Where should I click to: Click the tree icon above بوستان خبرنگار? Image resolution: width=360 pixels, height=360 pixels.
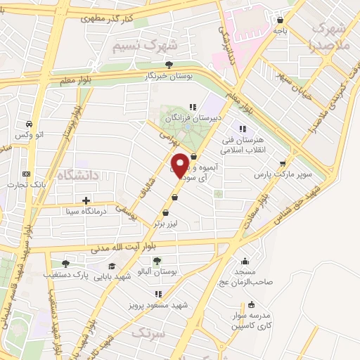click(x=168, y=65)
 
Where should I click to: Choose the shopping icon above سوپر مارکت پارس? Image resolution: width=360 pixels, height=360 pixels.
click(x=282, y=162)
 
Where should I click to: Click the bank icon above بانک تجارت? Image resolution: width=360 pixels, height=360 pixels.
click(x=26, y=174)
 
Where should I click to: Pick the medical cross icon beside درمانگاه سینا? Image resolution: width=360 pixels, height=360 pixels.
click(x=86, y=201)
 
